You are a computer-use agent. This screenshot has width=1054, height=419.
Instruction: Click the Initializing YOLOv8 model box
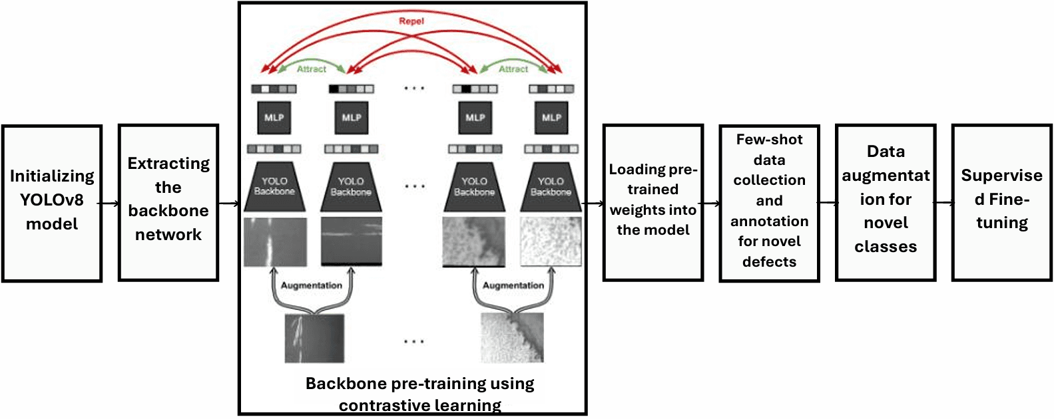click(x=52, y=203)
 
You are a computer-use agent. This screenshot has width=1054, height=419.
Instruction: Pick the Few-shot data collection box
click(x=769, y=203)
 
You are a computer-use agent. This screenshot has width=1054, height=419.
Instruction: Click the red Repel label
click(x=411, y=21)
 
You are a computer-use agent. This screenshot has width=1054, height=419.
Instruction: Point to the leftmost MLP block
click(x=274, y=118)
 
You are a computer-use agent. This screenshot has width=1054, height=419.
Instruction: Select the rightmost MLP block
click(x=551, y=118)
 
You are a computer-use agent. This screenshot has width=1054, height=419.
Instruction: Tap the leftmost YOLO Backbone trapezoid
click(x=274, y=187)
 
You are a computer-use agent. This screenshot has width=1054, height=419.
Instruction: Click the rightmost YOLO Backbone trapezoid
click(x=551, y=187)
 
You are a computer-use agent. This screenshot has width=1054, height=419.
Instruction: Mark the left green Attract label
click(x=311, y=69)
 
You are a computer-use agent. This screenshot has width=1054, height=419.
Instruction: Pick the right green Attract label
click(x=513, y=69)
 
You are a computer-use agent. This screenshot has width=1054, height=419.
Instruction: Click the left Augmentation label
click(x=311, y=285)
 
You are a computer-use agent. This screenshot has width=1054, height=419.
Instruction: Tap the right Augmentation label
click(x=513, y=285)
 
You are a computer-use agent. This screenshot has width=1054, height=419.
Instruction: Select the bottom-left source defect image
click(x=314, y=338)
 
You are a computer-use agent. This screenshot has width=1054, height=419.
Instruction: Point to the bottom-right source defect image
click(x=512, y=338)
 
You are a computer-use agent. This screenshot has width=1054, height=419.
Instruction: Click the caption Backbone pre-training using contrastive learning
click(x=419, y=394)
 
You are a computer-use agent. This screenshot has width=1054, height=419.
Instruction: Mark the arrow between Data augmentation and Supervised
click(x=944, y=203)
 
